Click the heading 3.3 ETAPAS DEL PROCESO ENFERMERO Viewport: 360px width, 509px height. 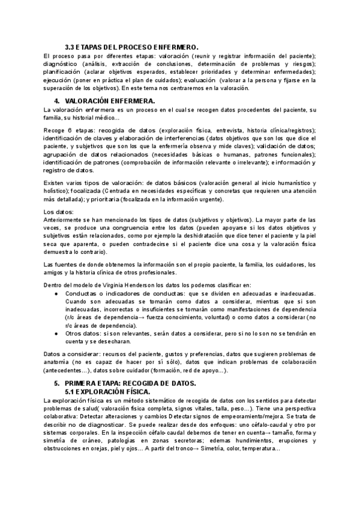coord(131,47)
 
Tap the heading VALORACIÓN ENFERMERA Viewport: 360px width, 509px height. coord(110,101)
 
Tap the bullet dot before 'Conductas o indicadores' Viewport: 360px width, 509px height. coord(56,294)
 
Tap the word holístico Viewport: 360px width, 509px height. coord(59,190)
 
